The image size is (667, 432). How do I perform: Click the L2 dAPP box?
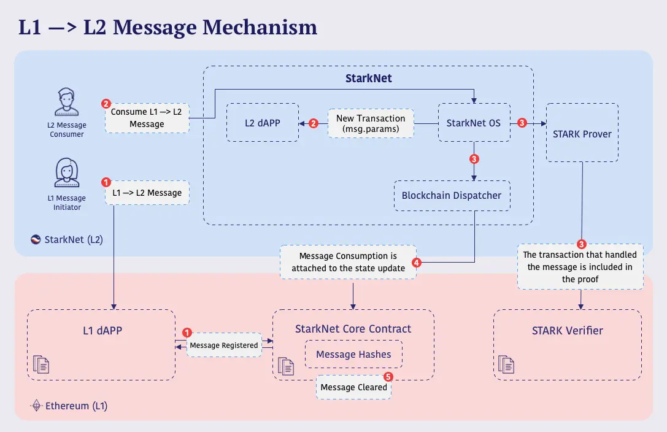coord(263,123)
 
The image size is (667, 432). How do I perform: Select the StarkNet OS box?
coord(474,123)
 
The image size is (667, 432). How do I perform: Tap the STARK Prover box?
coord(582,132)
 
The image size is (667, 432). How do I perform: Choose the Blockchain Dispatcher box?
coord(452,196)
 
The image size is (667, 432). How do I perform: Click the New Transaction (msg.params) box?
coord(371,123)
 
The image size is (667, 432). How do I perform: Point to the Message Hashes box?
coord(353,354)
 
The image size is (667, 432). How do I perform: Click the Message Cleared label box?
coord(353,387)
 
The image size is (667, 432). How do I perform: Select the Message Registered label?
coord(224,345)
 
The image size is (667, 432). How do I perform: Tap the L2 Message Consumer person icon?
coord(67,102)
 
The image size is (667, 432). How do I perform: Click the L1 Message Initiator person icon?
coord(67,172)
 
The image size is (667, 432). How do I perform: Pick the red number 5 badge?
coord(388,377)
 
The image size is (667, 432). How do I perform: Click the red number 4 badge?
coord(417,263)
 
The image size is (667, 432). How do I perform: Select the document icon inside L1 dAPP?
coord(41,364)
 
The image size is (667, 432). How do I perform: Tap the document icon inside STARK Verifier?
coord(506,364)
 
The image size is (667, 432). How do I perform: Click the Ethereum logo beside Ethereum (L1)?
coord(37,406)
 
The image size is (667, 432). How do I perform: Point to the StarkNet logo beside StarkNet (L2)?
coord(36,239)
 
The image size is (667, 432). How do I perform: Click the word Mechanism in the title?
coord(260,27)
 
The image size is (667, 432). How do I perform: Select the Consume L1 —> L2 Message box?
coord(147,118)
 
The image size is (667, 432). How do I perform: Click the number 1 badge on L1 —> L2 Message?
coord(106,182)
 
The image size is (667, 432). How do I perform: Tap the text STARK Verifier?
coord(568,330)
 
